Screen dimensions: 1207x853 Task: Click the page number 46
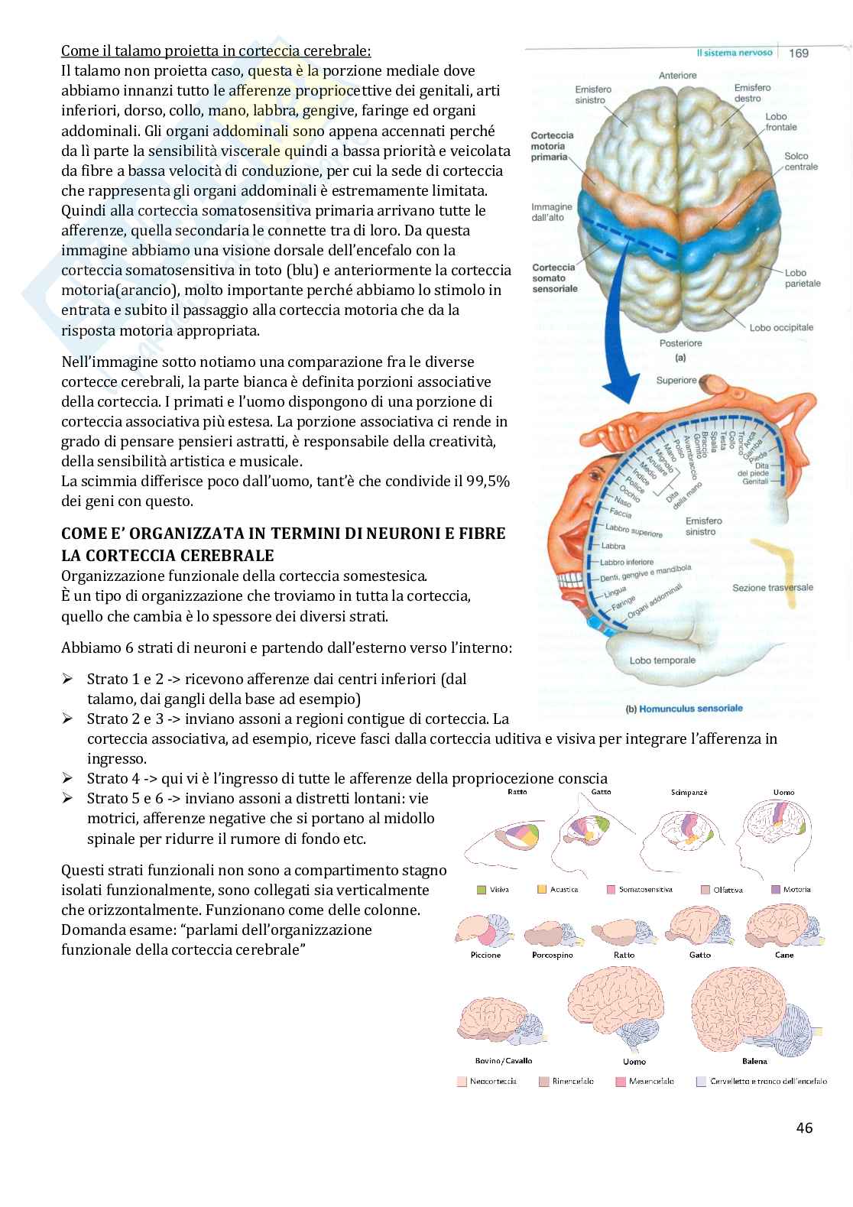click(804, 1128)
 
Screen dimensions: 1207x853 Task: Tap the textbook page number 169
click(798, 53)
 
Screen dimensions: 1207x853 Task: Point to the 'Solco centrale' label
click(800, 161)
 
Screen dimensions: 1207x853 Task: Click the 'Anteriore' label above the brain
click(677, 75)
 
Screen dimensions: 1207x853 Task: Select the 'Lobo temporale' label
click(663, 660)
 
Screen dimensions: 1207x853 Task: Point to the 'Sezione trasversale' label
click(773, 587)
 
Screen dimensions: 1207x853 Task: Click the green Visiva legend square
click(482, 890)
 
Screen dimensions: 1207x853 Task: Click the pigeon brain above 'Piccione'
click(485, 930)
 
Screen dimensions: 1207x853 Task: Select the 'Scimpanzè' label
click(689, 792)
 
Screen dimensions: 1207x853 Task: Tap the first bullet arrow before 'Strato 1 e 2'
click(67, 679)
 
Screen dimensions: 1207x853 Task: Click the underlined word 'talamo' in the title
click(130, 51)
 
